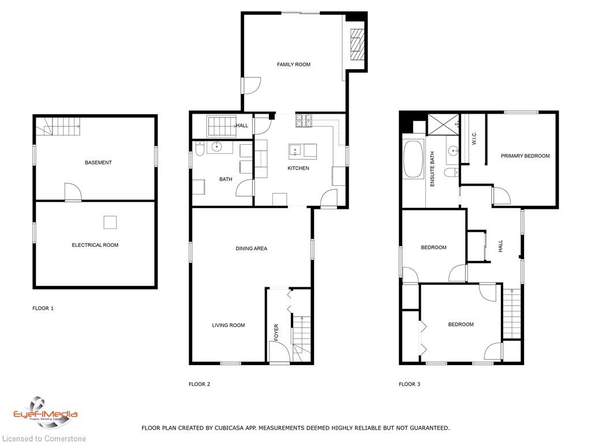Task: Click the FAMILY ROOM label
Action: (x=294, y=65)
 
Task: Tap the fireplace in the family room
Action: (x=357, y=44)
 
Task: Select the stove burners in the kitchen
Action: (x=304, y=120)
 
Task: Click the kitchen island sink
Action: (x=295, y=150)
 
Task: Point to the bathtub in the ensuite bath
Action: (x=413, y=159)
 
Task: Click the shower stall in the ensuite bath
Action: (x=443, y=125)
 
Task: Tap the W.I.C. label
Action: (x=474, y=138)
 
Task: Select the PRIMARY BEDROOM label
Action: (x=525, y=156)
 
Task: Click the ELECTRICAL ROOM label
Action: (x=95, y=245)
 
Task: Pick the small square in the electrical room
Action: (x=110, y=222)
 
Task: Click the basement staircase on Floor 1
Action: (x=58, y=126)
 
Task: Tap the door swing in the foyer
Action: (x=279, y=351)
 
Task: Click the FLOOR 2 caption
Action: (x=199, y=384)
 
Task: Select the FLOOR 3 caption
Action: (x=409, y=384)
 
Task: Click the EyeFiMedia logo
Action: (x=45, y=414)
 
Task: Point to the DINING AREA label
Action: (x=252, y=248)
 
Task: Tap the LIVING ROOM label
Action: (x=229, y=325)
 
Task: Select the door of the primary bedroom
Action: (x=502, y=196)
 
